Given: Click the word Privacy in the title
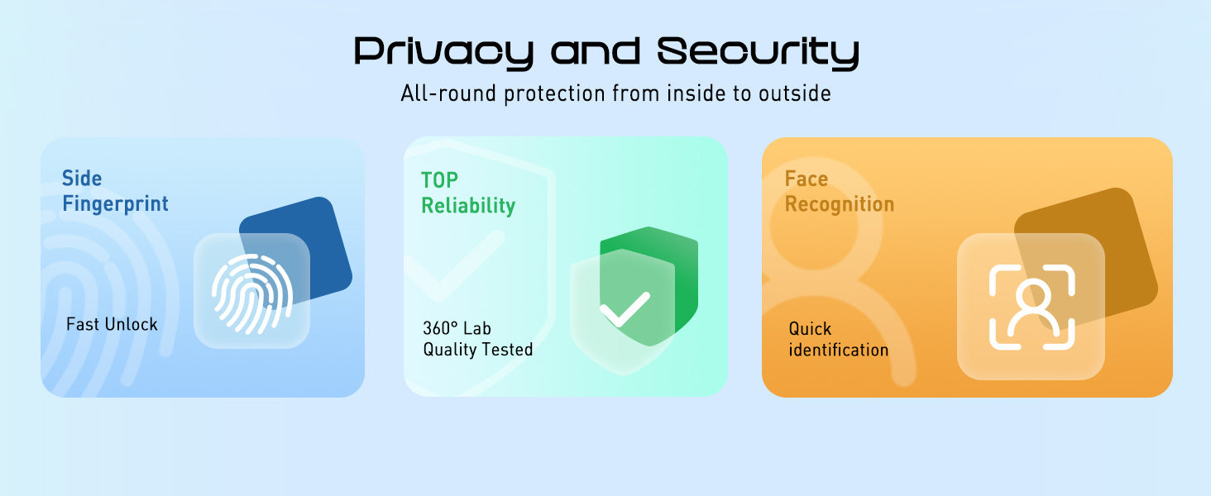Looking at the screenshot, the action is point(444,53).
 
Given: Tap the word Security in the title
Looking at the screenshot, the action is point(758,53).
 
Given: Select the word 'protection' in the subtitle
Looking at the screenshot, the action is point(554,94).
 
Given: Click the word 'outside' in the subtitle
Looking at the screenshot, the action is point(794,93).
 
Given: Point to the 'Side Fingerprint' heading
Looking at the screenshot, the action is point(115,191).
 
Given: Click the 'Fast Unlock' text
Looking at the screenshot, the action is point(112,324).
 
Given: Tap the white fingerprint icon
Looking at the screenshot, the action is point(252,293).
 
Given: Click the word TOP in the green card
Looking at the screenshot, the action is point(439,180).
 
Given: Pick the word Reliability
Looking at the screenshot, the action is point(468,206).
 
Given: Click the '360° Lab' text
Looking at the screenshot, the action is point(457,328).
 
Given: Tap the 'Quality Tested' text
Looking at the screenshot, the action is point(478,350).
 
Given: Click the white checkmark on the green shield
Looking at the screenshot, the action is point(625,310).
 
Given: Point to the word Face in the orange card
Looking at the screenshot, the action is point(806,179).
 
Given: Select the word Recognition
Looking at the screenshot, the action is point(840,205).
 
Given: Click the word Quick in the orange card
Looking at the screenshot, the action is point(810,328).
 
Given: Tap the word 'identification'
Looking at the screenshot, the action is point(839,351).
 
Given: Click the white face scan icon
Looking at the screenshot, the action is point(1032,308).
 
